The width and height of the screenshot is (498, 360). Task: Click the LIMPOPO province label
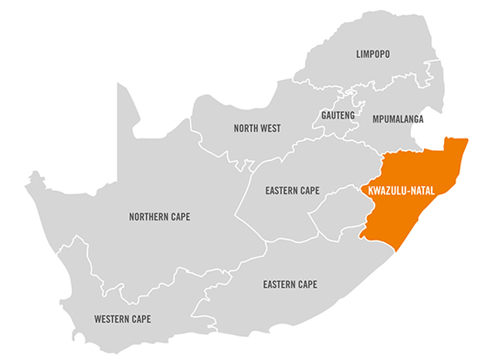click(x=373, y=54)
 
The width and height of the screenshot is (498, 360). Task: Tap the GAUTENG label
click(x=338, y=114)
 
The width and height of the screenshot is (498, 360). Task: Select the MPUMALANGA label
click(x=398, y=119)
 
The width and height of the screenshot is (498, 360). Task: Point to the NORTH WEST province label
click(x=256, y=129)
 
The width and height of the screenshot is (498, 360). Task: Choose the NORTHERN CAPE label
click(x=159, y=217)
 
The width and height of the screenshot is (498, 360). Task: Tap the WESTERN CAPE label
click(x=123, y=319)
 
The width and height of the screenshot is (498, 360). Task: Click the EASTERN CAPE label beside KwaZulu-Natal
click(x=292, y=191)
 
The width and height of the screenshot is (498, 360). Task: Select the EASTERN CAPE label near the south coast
click(x=290, y=285)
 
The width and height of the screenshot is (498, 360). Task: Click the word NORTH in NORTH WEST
click(x=246, y=129)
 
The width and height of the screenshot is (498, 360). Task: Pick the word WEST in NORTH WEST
click(x=270, y=129)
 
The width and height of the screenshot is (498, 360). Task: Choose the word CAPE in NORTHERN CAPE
click(x=180, y=217)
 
